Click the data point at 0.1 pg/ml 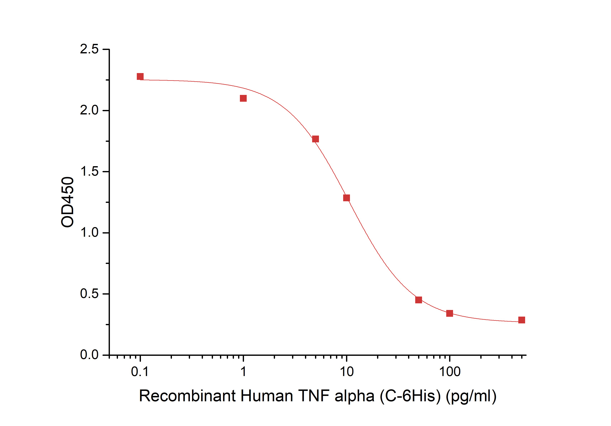pyautogui.click(x=140, y=76)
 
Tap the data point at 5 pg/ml pyautogui.click(x=315, y=139)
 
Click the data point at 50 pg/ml pyautogui.click(x=419, y=300)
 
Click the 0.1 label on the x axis pyautogui.click(x=140, y=372)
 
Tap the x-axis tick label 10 pyautogui.click(x=347, y=372)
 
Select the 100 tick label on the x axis pyautogui.click(x=450, y=372)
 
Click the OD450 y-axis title pyautogui.click(x=67, y=202)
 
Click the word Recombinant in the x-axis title pyautogui.click(x=187, y=396)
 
